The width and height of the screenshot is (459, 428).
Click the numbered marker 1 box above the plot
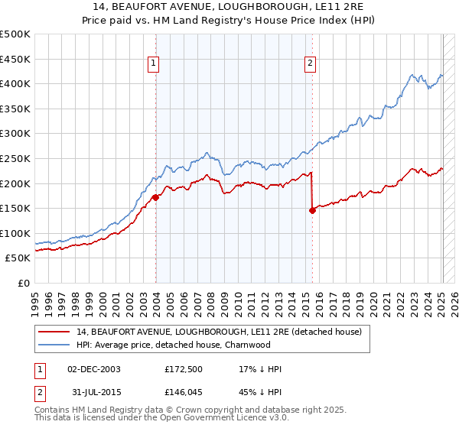coord(154,63)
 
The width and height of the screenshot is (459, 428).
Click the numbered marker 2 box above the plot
coord(311,63)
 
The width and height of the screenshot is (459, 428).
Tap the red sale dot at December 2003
coord(156,196)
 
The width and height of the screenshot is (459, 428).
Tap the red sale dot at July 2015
coord(312,210)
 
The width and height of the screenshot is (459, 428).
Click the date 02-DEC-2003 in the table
coord(94,370)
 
